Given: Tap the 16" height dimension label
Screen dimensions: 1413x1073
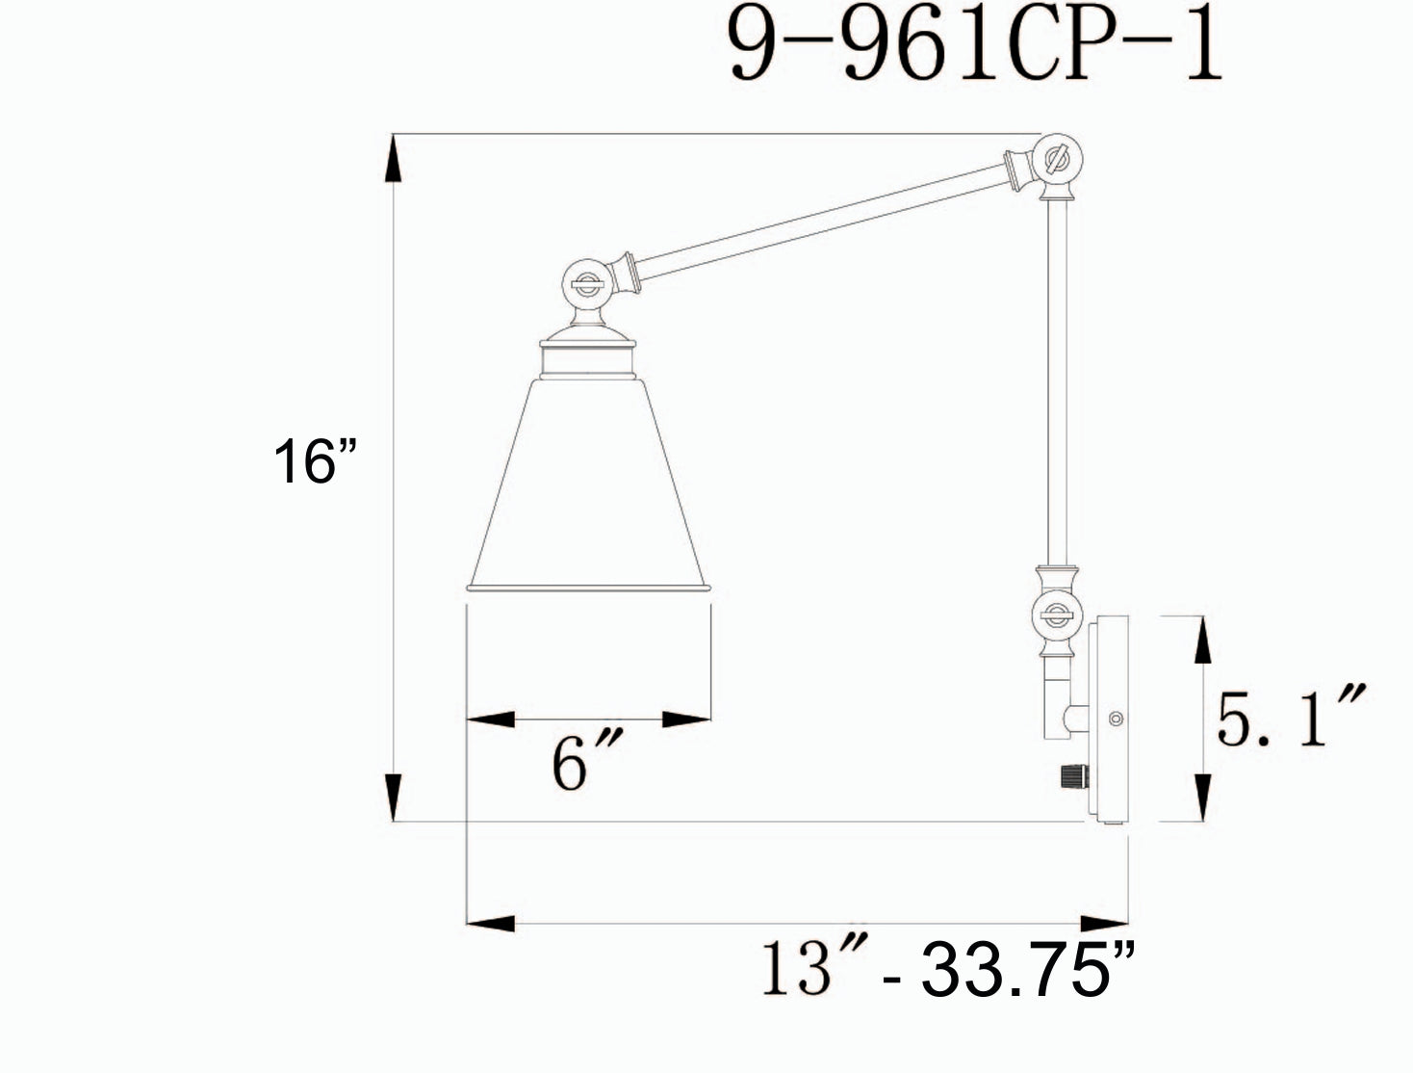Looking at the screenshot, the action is pos(314,461).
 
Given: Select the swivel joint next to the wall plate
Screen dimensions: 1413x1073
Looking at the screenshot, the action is pos(1057,615).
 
